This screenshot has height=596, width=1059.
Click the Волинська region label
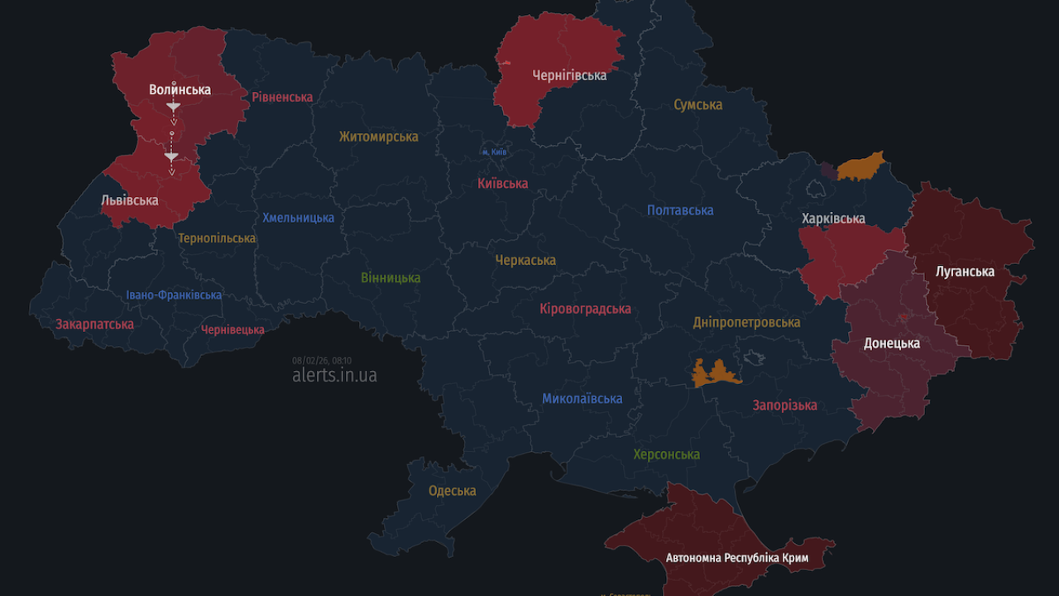click(x=180, y=89)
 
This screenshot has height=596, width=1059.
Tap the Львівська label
click(x=129, y=200)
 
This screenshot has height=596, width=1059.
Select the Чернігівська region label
click(x=569, y=75)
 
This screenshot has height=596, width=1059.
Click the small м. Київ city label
click(x=495, y=152)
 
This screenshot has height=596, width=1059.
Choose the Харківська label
click(x=833, y=219)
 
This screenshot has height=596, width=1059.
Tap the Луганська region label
click(x=965, y=271)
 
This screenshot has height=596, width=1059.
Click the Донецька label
click(x=892, y=343)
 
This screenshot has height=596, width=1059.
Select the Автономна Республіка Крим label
click(x=737, y=558)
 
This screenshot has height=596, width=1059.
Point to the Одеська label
click(x=452, y=491)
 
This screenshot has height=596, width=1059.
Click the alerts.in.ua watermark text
click(x=334, y=375)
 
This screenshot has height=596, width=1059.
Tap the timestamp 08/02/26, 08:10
click(x=322, y=360)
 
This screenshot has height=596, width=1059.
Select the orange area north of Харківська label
click(x=860, y=167)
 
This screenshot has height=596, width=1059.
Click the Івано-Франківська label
click(x=174, y=295)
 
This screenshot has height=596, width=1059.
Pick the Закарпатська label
click(x=94, y=324)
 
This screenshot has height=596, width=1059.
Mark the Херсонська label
click(x=666, y=454)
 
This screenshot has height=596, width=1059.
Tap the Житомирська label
click(x=378, y=137)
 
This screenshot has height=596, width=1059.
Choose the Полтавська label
click(x=680, y=210)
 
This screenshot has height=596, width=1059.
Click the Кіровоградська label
click(x=585, y=309)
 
